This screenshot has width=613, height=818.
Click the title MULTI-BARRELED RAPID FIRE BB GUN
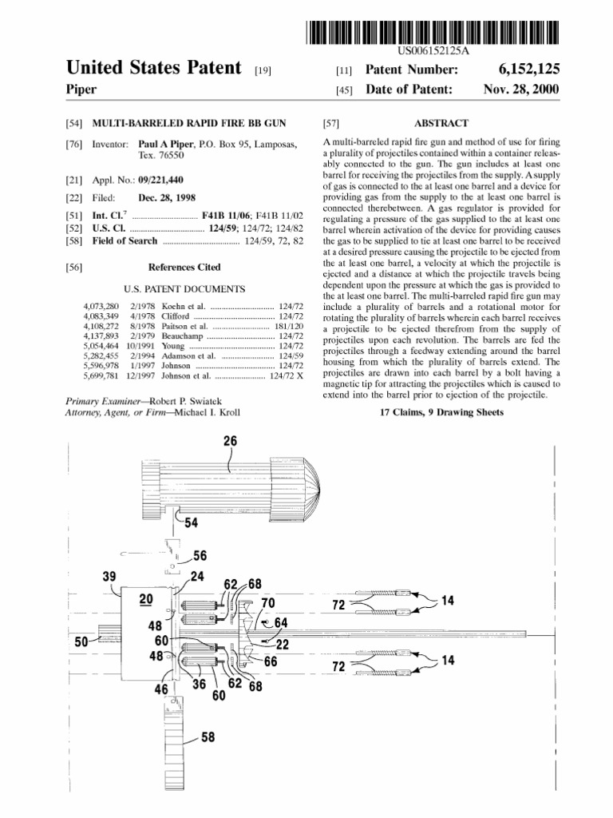188,124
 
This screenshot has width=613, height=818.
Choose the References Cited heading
184,267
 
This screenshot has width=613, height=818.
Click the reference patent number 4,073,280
101,306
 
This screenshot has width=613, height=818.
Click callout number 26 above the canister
230,441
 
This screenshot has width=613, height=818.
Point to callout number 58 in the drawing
208,738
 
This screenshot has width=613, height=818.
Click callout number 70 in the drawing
267,602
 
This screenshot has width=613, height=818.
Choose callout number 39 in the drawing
109,576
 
